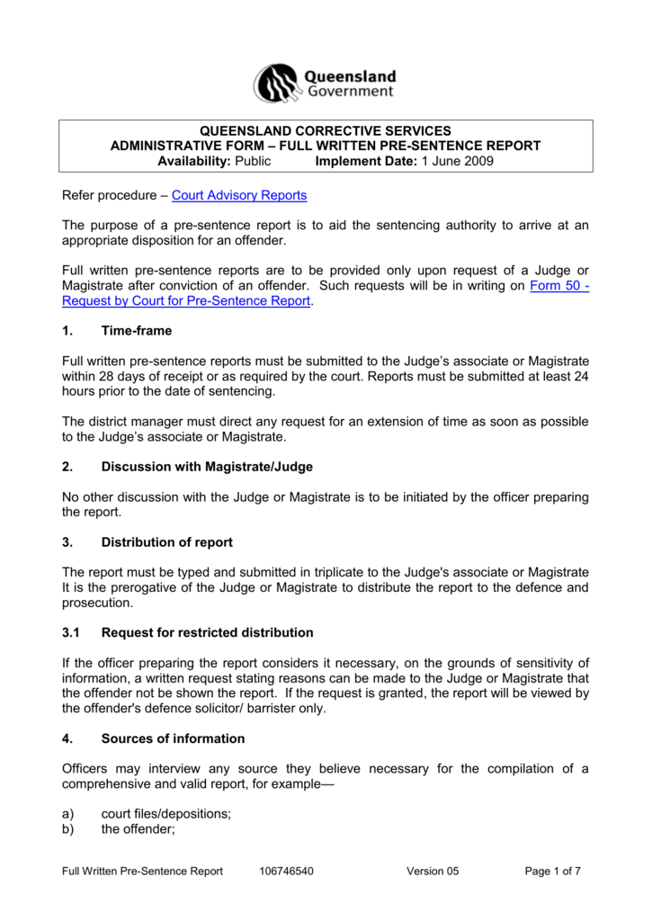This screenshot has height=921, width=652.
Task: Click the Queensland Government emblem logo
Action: pos(275,84)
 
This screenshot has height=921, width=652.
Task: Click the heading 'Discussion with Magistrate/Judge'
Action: pos(207,467)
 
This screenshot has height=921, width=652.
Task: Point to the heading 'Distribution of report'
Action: pos(166,542)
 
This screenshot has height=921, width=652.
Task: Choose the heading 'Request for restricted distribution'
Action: pos(207,632)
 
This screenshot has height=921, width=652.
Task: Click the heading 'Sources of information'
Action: pos(173,738)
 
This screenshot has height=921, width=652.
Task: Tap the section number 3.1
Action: pos(72,632)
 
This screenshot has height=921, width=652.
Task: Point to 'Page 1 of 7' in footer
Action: pos(552,872)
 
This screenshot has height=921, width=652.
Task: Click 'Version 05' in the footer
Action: pos(433,872)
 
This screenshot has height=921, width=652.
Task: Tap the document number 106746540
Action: pos(286,872)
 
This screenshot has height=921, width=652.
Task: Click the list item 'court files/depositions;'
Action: pos(165,814)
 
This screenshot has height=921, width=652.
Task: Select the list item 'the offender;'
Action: pos(137,829)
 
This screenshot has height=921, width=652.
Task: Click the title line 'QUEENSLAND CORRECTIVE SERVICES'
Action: pos(325,130)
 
